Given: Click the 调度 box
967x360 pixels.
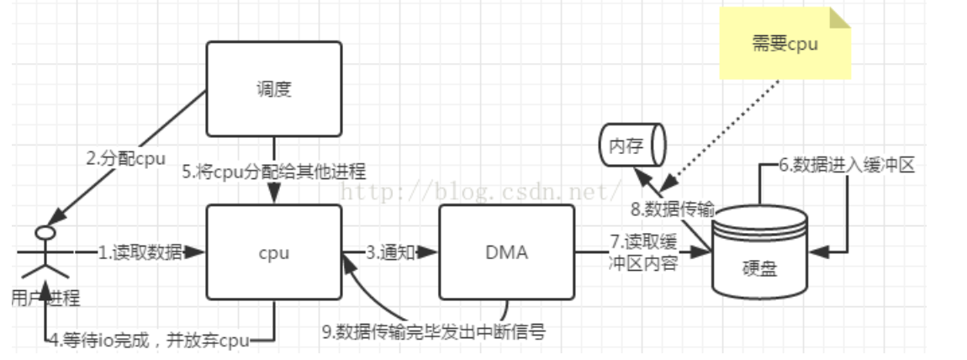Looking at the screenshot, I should (274, 88).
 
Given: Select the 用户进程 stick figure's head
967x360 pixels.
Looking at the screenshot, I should (45, 231).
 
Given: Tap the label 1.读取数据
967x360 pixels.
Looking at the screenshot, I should (140, 251).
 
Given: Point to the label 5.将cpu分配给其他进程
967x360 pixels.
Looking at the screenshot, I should (274, 172).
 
